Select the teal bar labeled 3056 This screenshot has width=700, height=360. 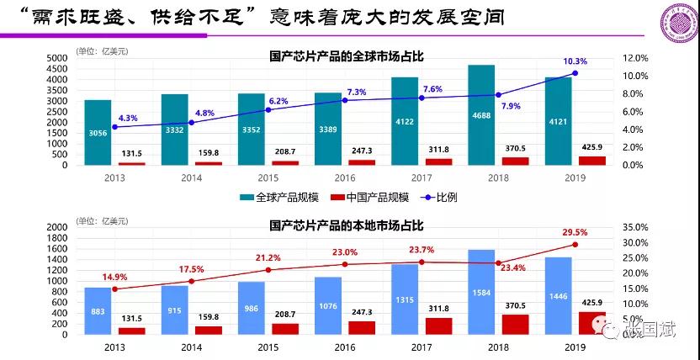click(x=98, y=132)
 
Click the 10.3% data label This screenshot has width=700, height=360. click(x=575, y=61)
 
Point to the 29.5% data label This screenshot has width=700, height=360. click(x=575, y=232)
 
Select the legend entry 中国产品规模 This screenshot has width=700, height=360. click(x=378, y=197)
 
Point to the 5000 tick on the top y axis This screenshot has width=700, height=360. click(x=56, y=58)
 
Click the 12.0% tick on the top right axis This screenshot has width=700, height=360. click(x=636, y=58)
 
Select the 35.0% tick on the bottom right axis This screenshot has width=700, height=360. click(x=636, y=227)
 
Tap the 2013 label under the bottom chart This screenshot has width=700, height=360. click(x=116, y=347)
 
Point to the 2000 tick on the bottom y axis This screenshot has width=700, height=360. click(x=56, y=227)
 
